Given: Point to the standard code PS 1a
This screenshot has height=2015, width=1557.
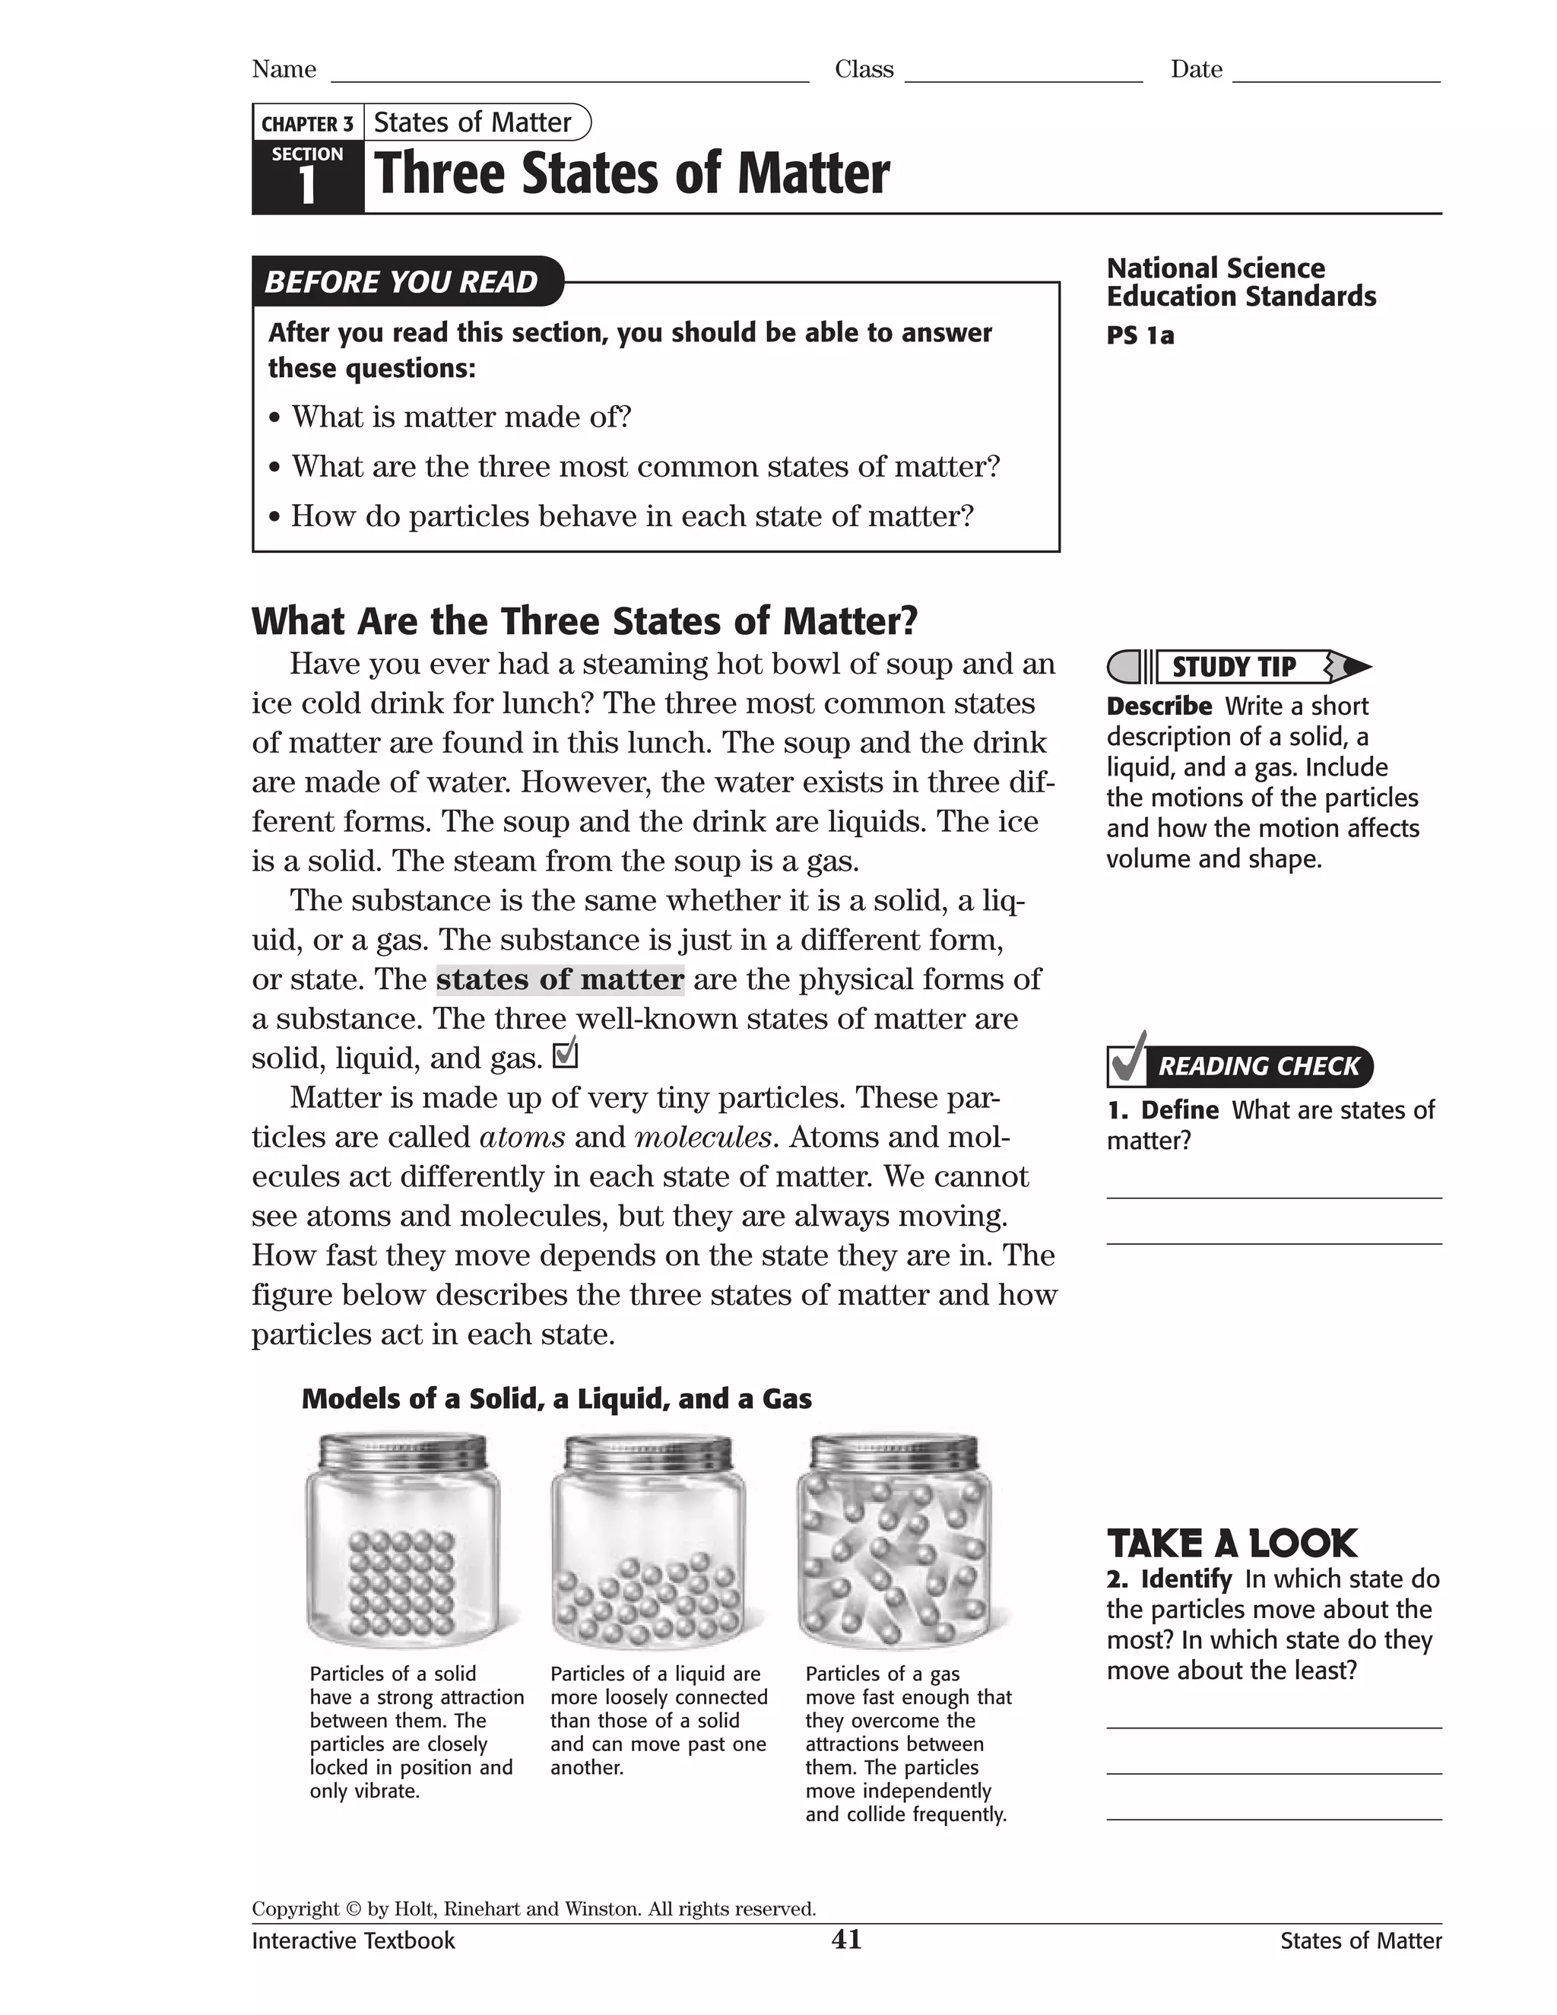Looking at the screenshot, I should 1140,336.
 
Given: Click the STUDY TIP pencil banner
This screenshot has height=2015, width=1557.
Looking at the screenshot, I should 1236,666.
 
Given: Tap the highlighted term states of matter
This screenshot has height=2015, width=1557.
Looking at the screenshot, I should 560,979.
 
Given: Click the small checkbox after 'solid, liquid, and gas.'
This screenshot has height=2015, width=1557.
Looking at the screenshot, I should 565,1054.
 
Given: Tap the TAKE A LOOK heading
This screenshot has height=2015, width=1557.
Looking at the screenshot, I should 1232,1544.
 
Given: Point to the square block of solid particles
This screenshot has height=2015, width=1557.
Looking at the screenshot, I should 401,1582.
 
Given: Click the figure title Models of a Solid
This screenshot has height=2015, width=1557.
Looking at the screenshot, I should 557,1398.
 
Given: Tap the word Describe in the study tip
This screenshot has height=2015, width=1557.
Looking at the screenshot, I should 1159,706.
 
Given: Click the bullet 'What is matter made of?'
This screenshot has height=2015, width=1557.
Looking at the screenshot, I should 461,417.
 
